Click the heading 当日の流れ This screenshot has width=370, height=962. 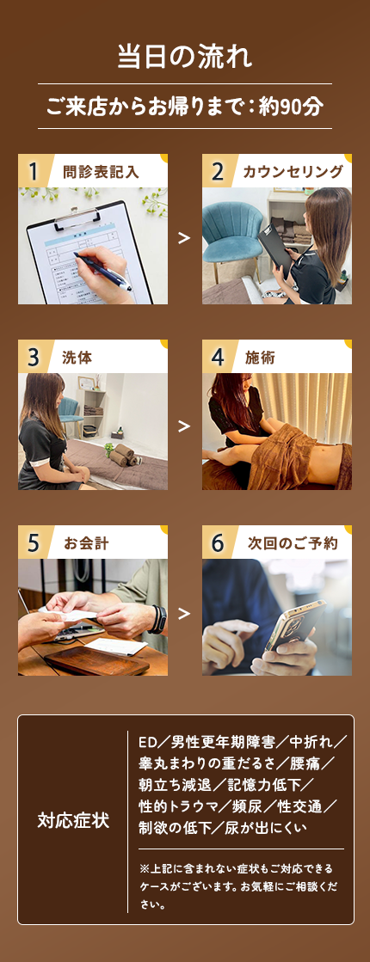[x=185, y=57]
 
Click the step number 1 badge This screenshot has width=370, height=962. [x=34, y=171]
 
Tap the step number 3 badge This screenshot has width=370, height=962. [x=34, y=357]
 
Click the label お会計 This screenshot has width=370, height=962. [x=87, y=543]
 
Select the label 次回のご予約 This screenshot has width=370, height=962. [x=293, y=543]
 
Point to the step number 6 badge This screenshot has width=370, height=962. [x=217, y=542]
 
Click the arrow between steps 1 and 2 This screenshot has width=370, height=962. [x=183, y=238]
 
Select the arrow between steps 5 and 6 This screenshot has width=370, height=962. [x=183, y=613]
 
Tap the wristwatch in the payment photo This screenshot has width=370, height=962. [x=158, y=619]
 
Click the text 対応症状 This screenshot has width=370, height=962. [x=73, y=821]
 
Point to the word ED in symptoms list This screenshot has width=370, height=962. [x=149, y=743]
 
